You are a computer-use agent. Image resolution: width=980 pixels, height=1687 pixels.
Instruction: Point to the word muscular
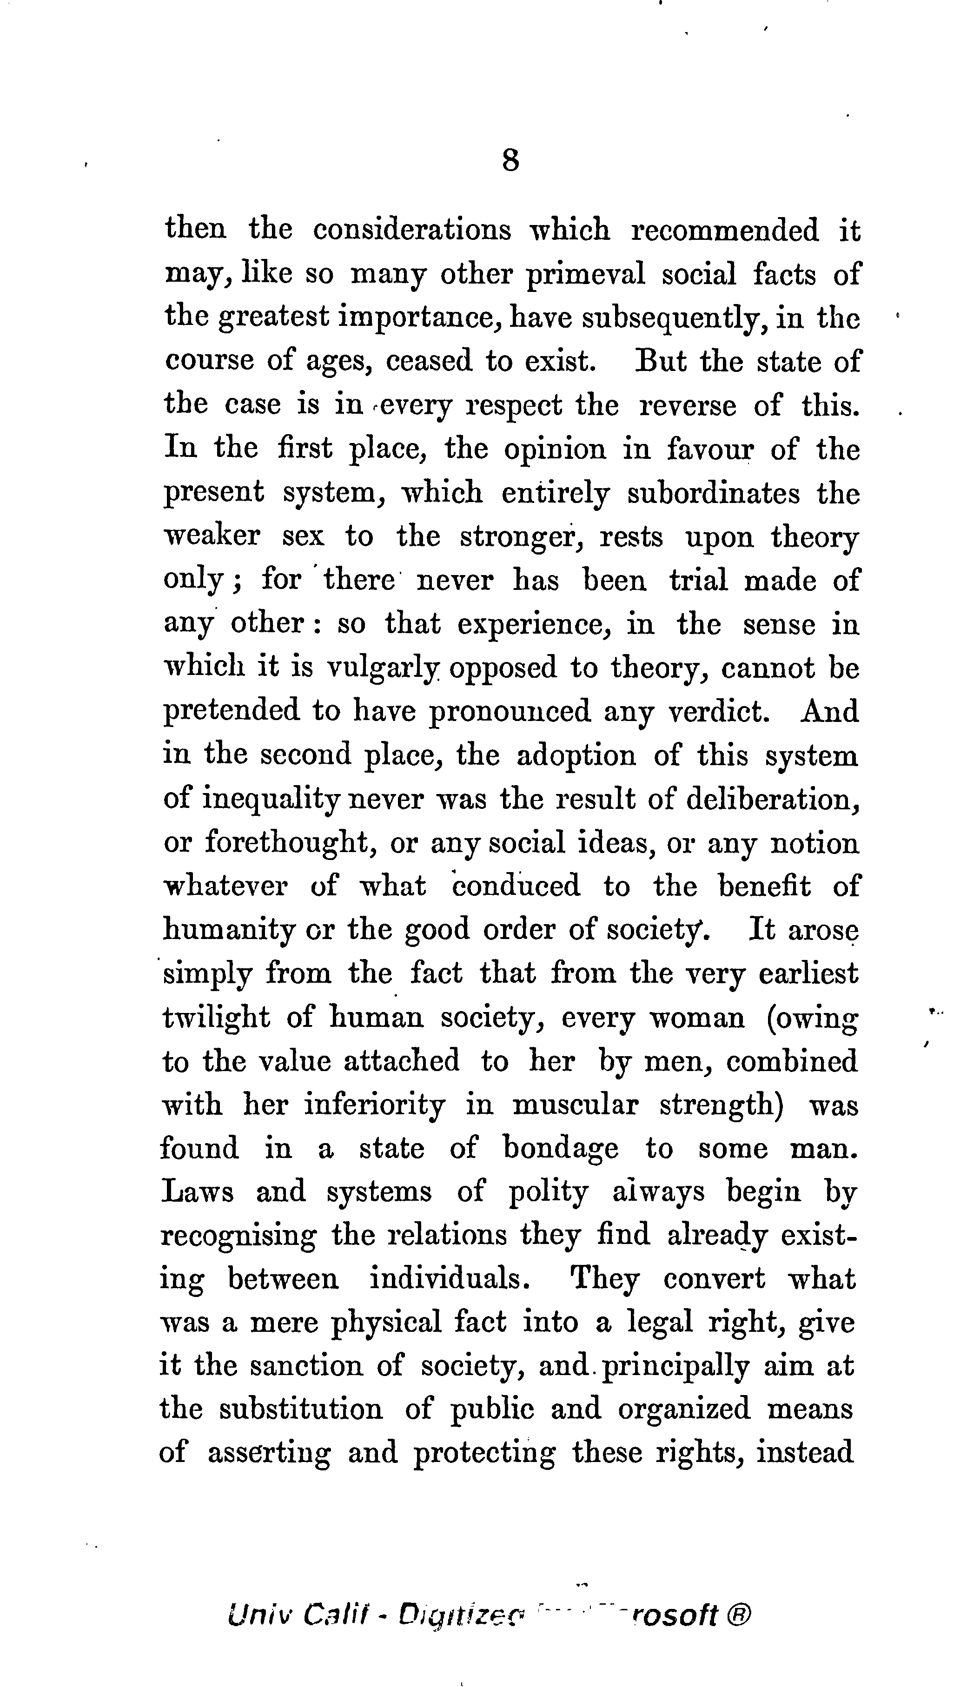coord(574,1105)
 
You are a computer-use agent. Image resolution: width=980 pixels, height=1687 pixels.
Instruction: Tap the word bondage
coord(561,1150)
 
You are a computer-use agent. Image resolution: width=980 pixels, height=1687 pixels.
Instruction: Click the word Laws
coord(198,1192)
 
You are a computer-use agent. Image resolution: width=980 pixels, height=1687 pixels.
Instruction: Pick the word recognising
coord(238,1237)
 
